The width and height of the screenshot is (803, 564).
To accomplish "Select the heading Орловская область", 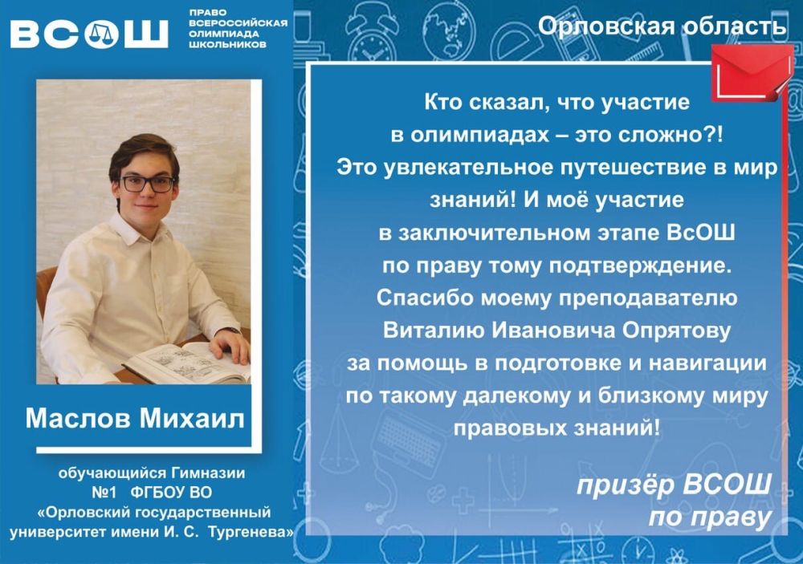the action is coord(662,26).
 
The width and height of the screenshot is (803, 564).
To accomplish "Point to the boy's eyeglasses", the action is coord(148,184).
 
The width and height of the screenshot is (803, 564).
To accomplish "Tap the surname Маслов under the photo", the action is coord(79,418).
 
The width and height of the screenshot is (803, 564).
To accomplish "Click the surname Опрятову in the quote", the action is coord(676,331).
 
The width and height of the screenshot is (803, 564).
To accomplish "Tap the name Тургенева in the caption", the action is coord(251,532).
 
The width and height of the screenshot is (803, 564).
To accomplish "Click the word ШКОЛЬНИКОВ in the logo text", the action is coord(227,45).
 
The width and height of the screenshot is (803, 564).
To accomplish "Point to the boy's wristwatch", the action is coord(232,330).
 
